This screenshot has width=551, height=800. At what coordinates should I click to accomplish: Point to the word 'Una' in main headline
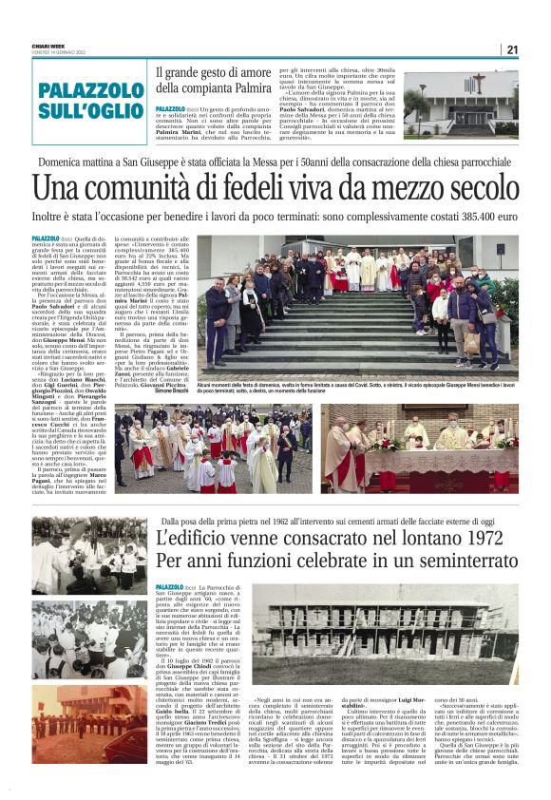pyautogui.click(x=56, y=189)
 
